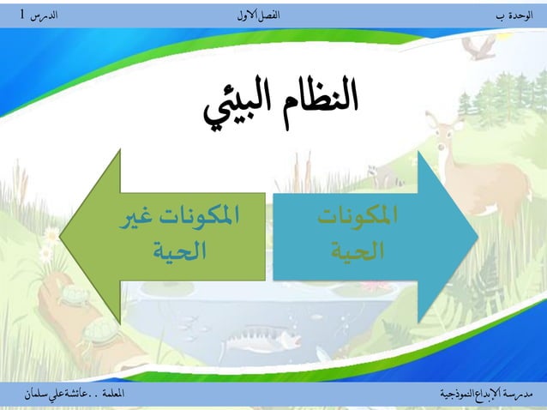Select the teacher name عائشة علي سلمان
pyautogui.click(x=62, y=393)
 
